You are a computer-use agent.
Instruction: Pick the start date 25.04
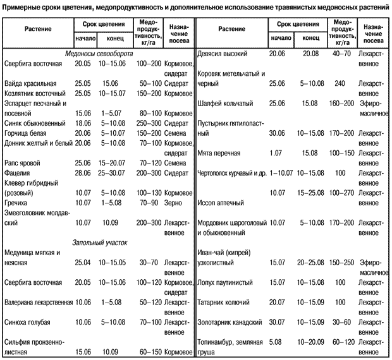83,261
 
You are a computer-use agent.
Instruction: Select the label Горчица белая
26,134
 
